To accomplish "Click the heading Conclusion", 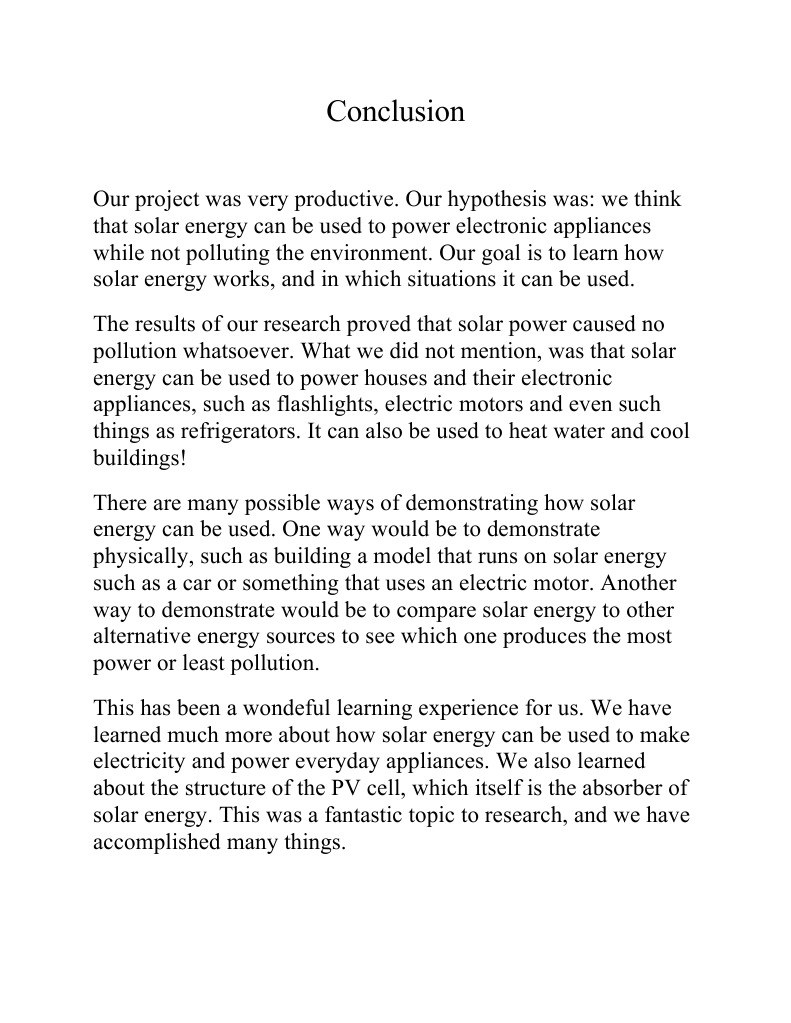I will [395, 111].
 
